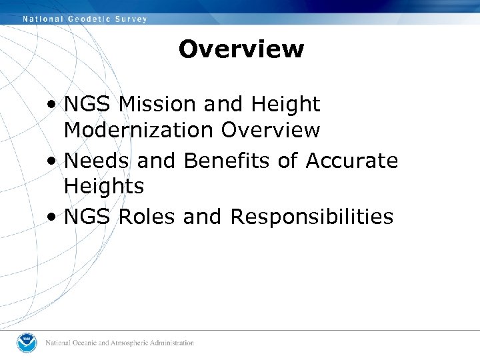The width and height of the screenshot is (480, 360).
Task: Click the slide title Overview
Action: coord(241,49)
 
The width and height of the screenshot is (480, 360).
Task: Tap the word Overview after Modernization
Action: coord(270,130)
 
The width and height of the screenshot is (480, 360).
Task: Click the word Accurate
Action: coord(352,161)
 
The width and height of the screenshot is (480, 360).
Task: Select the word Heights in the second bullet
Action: coord(104,187)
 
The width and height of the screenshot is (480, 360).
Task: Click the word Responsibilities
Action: coord(311,217)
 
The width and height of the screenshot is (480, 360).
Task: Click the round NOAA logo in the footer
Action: coord(27,343)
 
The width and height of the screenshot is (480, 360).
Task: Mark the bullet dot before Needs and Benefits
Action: coord(52,161)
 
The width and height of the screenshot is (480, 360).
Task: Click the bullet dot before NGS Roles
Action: coord(52,217)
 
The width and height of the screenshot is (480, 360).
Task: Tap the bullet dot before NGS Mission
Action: coord(52,105)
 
